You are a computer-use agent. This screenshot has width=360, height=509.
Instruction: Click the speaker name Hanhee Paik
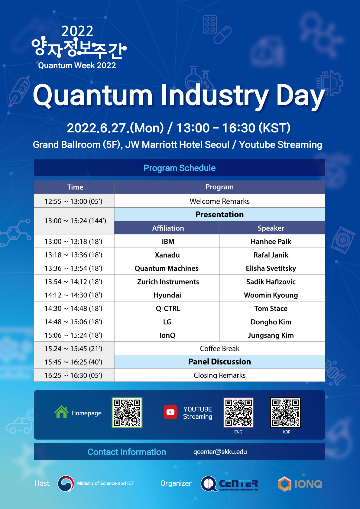click(x=271, y=242)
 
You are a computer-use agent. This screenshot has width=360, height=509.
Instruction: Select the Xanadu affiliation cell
click(x=167, y=255)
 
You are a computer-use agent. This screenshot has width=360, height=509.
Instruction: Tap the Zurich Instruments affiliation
click(x=168, y=282)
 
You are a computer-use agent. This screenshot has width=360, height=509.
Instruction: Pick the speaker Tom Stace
click(x=271, y=308)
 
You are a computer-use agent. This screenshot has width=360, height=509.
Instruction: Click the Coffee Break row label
click(x=219, y=349)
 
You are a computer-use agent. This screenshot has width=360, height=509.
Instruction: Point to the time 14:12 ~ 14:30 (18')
click(x=73, y=295)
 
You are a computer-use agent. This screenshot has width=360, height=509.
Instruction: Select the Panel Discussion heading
click(x=219, y=361)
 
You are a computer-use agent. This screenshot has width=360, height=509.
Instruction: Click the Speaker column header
click(x=271, y=228)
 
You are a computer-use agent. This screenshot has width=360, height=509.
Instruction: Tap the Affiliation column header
click(x=168, y=228)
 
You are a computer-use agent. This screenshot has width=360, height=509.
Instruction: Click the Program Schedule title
click(x=180, y=168)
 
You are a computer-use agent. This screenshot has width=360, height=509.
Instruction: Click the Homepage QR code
click(x=127, y=413)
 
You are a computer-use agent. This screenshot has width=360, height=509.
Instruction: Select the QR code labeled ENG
click(x=238, y=413)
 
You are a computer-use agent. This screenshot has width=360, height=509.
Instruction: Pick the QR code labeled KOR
click(x=285, y=413)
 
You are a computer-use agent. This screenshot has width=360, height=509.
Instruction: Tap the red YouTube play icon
click(x=170, y=412)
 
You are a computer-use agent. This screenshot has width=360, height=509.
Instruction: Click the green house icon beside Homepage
click(x=61, y=412)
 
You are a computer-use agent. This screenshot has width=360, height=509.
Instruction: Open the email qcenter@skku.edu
click(x=220, y=452)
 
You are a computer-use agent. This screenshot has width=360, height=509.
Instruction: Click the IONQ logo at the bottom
click(x=300, y=484)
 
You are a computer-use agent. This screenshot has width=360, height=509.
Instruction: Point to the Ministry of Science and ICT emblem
click(x=66, y=483)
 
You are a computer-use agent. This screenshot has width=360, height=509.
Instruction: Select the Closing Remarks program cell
click(x=219, y=375)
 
